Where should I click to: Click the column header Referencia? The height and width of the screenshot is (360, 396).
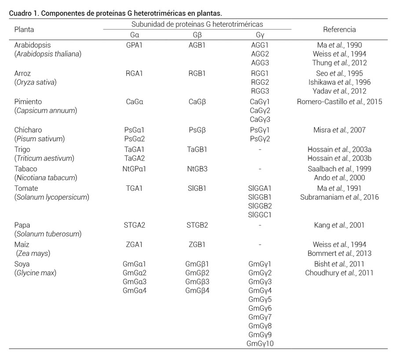coord(339,29)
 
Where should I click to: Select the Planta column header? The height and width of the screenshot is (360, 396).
coord(24,29)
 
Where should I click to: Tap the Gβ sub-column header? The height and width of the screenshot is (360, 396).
coord(197,35)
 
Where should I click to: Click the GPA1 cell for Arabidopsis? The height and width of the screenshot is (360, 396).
coord(134,45)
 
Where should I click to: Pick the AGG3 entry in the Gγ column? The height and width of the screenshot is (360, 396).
coord(260,63)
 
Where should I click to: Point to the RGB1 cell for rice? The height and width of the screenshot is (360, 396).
coord(197,73)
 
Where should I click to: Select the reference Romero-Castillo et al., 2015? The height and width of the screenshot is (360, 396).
coord(339,102)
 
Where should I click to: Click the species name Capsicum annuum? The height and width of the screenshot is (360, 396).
coord(45,110)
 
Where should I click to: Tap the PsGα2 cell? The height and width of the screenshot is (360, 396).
coord(134,139)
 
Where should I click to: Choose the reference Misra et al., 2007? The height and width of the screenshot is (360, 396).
coord(339,130)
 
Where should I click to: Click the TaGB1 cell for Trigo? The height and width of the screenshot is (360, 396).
coord(197,149)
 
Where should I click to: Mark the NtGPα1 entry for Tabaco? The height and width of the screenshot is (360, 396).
coord(134,169)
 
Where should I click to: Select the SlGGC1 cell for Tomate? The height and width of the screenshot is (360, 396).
coord(260,215)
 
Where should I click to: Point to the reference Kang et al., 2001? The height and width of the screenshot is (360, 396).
coord(339,225)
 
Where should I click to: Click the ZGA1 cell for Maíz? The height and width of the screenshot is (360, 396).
coord(134,244)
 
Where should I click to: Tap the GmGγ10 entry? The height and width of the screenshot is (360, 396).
coord(260,343)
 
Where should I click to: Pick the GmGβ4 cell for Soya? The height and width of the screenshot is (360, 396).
coord(197,290)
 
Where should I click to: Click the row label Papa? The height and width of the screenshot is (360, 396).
coord(22,225)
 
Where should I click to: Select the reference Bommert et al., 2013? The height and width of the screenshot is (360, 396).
coord(339,253)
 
